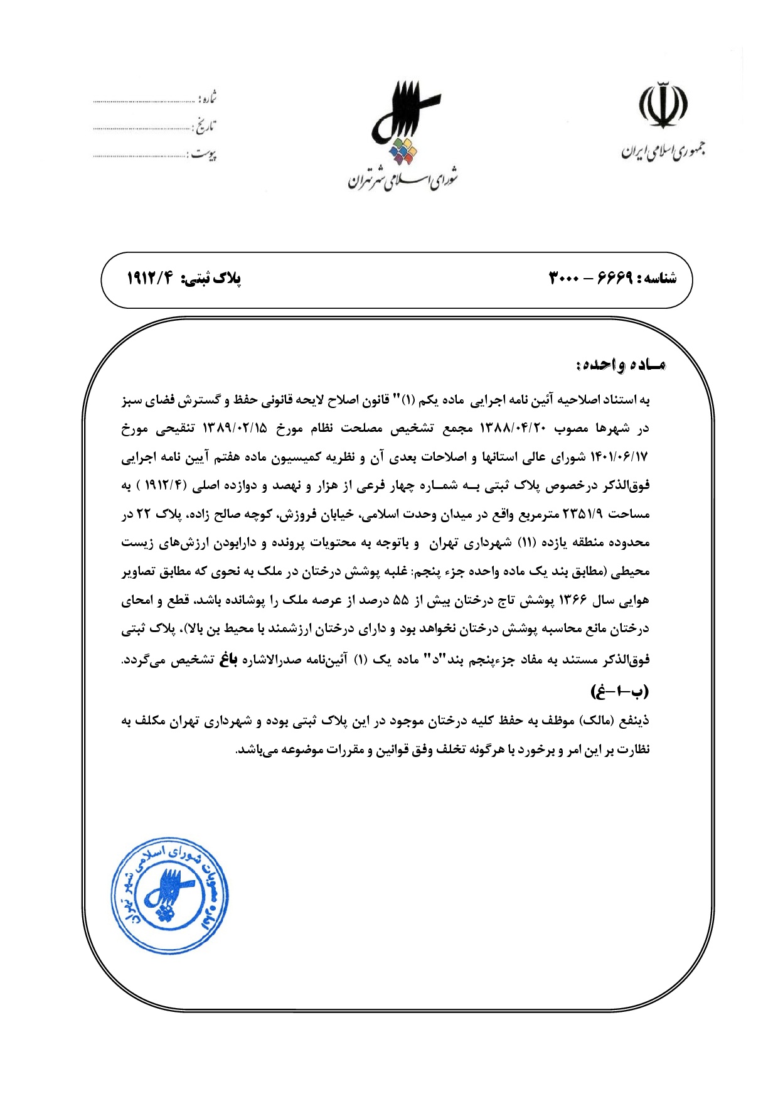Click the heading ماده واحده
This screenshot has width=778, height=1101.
tap(620, 365)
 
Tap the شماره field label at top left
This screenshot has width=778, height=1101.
tap(208, 99)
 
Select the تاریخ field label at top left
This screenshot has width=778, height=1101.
tap(205, 127)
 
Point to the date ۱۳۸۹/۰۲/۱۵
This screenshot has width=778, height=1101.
tap(235, 429)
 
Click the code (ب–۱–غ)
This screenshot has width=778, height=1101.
tap(619, 692)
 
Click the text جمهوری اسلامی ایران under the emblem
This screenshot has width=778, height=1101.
tap(663, 151)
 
